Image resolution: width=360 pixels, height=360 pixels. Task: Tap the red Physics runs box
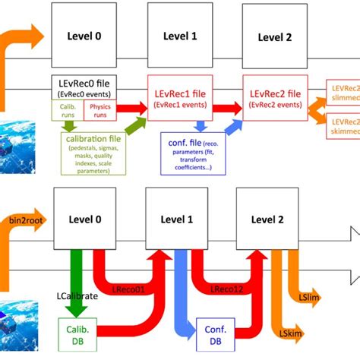(99, 110)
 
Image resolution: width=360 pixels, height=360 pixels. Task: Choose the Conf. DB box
(215, 335)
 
